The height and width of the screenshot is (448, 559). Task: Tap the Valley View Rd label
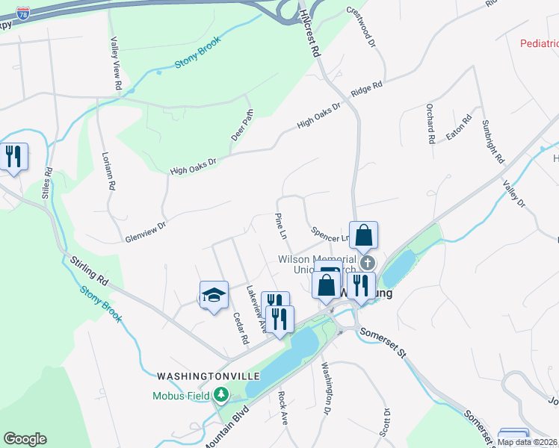(x=116, y=64)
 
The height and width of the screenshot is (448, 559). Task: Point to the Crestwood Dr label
(x=360, y=26)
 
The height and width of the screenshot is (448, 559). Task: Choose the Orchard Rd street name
(x=431, y=123)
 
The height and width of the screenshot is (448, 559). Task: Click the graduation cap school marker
(x=213, y=295)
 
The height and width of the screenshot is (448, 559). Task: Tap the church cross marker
(x=367, y=263)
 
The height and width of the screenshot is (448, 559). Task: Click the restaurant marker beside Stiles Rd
(x=13, y=157)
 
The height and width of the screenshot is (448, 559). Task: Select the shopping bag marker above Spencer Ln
(x=363, y=235)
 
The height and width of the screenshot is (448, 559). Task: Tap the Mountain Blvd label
(x=225, y=430)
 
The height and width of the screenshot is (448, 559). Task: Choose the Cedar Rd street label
(x=241, y=327)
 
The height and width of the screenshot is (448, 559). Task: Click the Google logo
(x=25, y=439)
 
